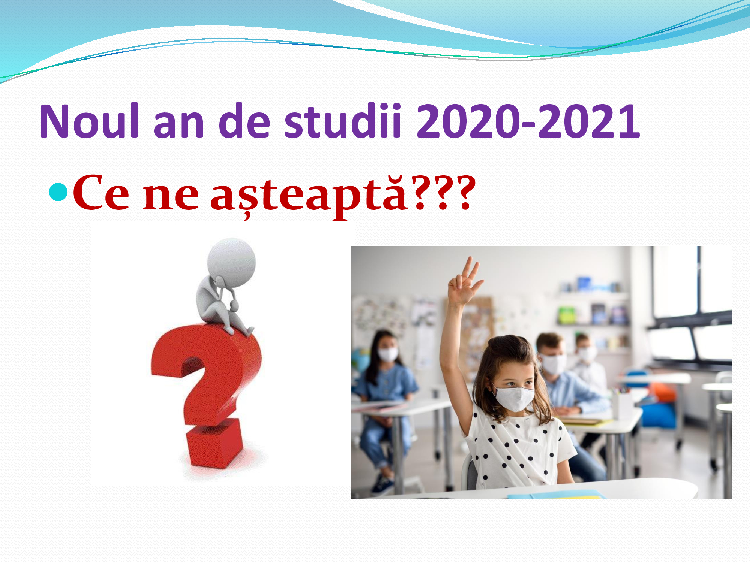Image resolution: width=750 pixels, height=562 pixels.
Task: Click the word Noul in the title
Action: pos(90,121)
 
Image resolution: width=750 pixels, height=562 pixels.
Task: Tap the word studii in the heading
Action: pos(343,121)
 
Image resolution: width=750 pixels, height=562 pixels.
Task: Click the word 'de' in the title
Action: pos(244,121)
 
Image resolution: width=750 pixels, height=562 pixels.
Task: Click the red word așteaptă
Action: pos(308,195)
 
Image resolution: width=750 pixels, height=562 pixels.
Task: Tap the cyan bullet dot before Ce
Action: pos(58,192)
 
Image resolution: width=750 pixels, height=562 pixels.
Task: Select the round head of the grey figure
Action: pos(232,262)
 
